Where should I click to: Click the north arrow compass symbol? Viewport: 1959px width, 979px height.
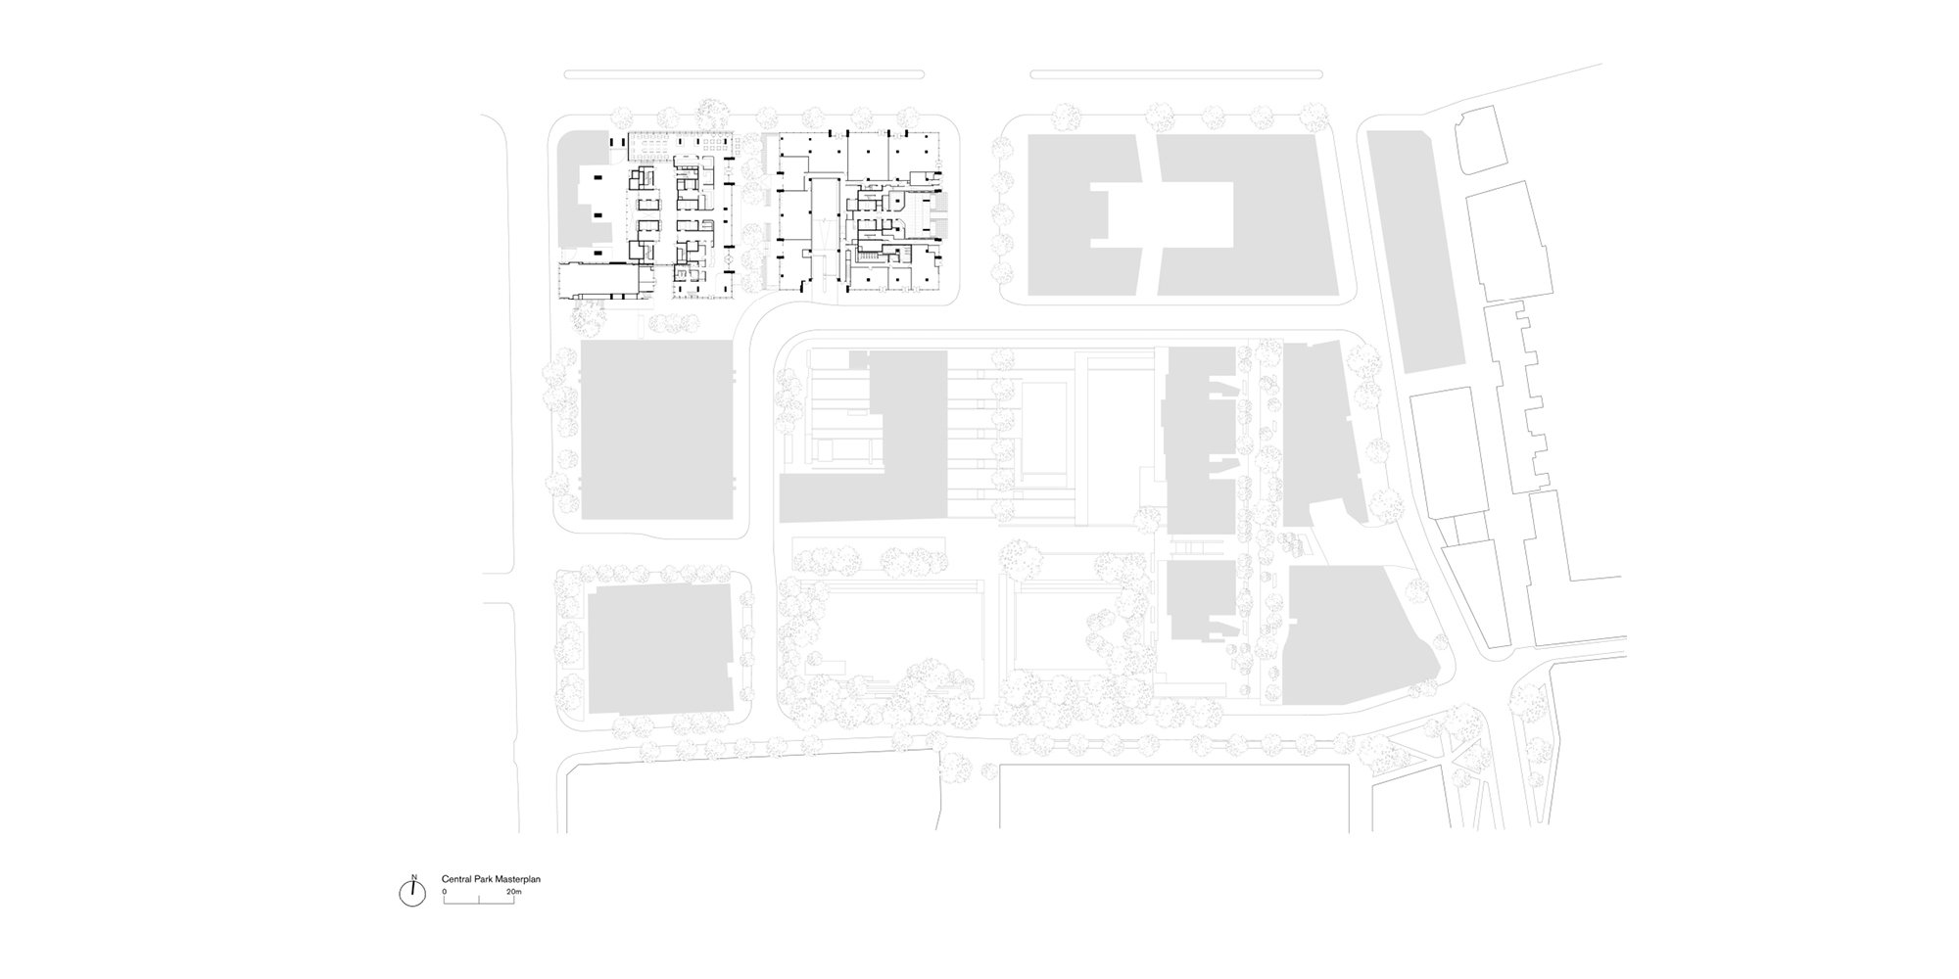click(x=413, y=894)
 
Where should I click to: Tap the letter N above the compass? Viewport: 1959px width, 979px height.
click(x=414, y=877)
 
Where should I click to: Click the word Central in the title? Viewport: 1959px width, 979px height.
click(x=456, y=880)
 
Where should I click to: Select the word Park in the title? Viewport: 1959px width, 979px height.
click(x=483, y=880)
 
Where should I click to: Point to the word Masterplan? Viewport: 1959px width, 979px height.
click(x=518, y=880)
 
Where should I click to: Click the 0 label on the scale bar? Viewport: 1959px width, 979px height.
click(x=444, y=892)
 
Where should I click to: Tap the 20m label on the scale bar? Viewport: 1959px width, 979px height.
click(x=514, y=892)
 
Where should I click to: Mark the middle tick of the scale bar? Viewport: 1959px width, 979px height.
click(x=479, y=899)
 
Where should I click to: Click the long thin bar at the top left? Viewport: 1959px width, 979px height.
click(x=744, y=73)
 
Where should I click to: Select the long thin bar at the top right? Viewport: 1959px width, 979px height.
click(x=1176, y=73)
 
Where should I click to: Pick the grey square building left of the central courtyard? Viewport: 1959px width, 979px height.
click(x=657, y=430)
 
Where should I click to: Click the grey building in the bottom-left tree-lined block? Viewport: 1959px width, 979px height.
click(x=661, y=650)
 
